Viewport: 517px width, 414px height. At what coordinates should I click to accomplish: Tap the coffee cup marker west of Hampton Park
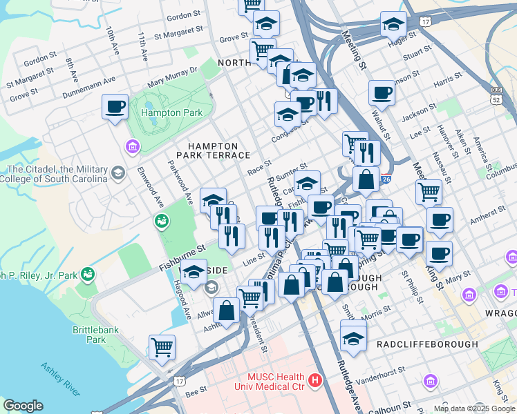tap(115, 107)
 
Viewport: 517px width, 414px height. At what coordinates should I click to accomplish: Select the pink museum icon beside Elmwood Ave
tap(131, 146)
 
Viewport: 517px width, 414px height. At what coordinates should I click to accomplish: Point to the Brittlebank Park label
tap(89, 335)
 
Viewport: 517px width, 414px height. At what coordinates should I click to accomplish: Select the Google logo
tap(23, 406)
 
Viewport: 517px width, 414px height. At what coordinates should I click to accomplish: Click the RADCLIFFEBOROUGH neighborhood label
tap(427, 344)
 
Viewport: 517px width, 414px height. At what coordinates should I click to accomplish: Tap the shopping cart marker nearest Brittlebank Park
tap(162, 348)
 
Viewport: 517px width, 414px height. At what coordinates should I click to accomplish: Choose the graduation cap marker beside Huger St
tap(393, 26)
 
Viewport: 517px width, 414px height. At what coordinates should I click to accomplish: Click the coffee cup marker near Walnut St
tap(381, 93)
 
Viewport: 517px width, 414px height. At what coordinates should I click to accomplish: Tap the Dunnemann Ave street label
tap(88, 88)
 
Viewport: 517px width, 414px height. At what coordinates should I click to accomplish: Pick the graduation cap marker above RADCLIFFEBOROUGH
tap(353, 339)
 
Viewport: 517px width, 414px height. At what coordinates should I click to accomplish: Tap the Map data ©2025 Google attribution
tap(474, 408)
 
